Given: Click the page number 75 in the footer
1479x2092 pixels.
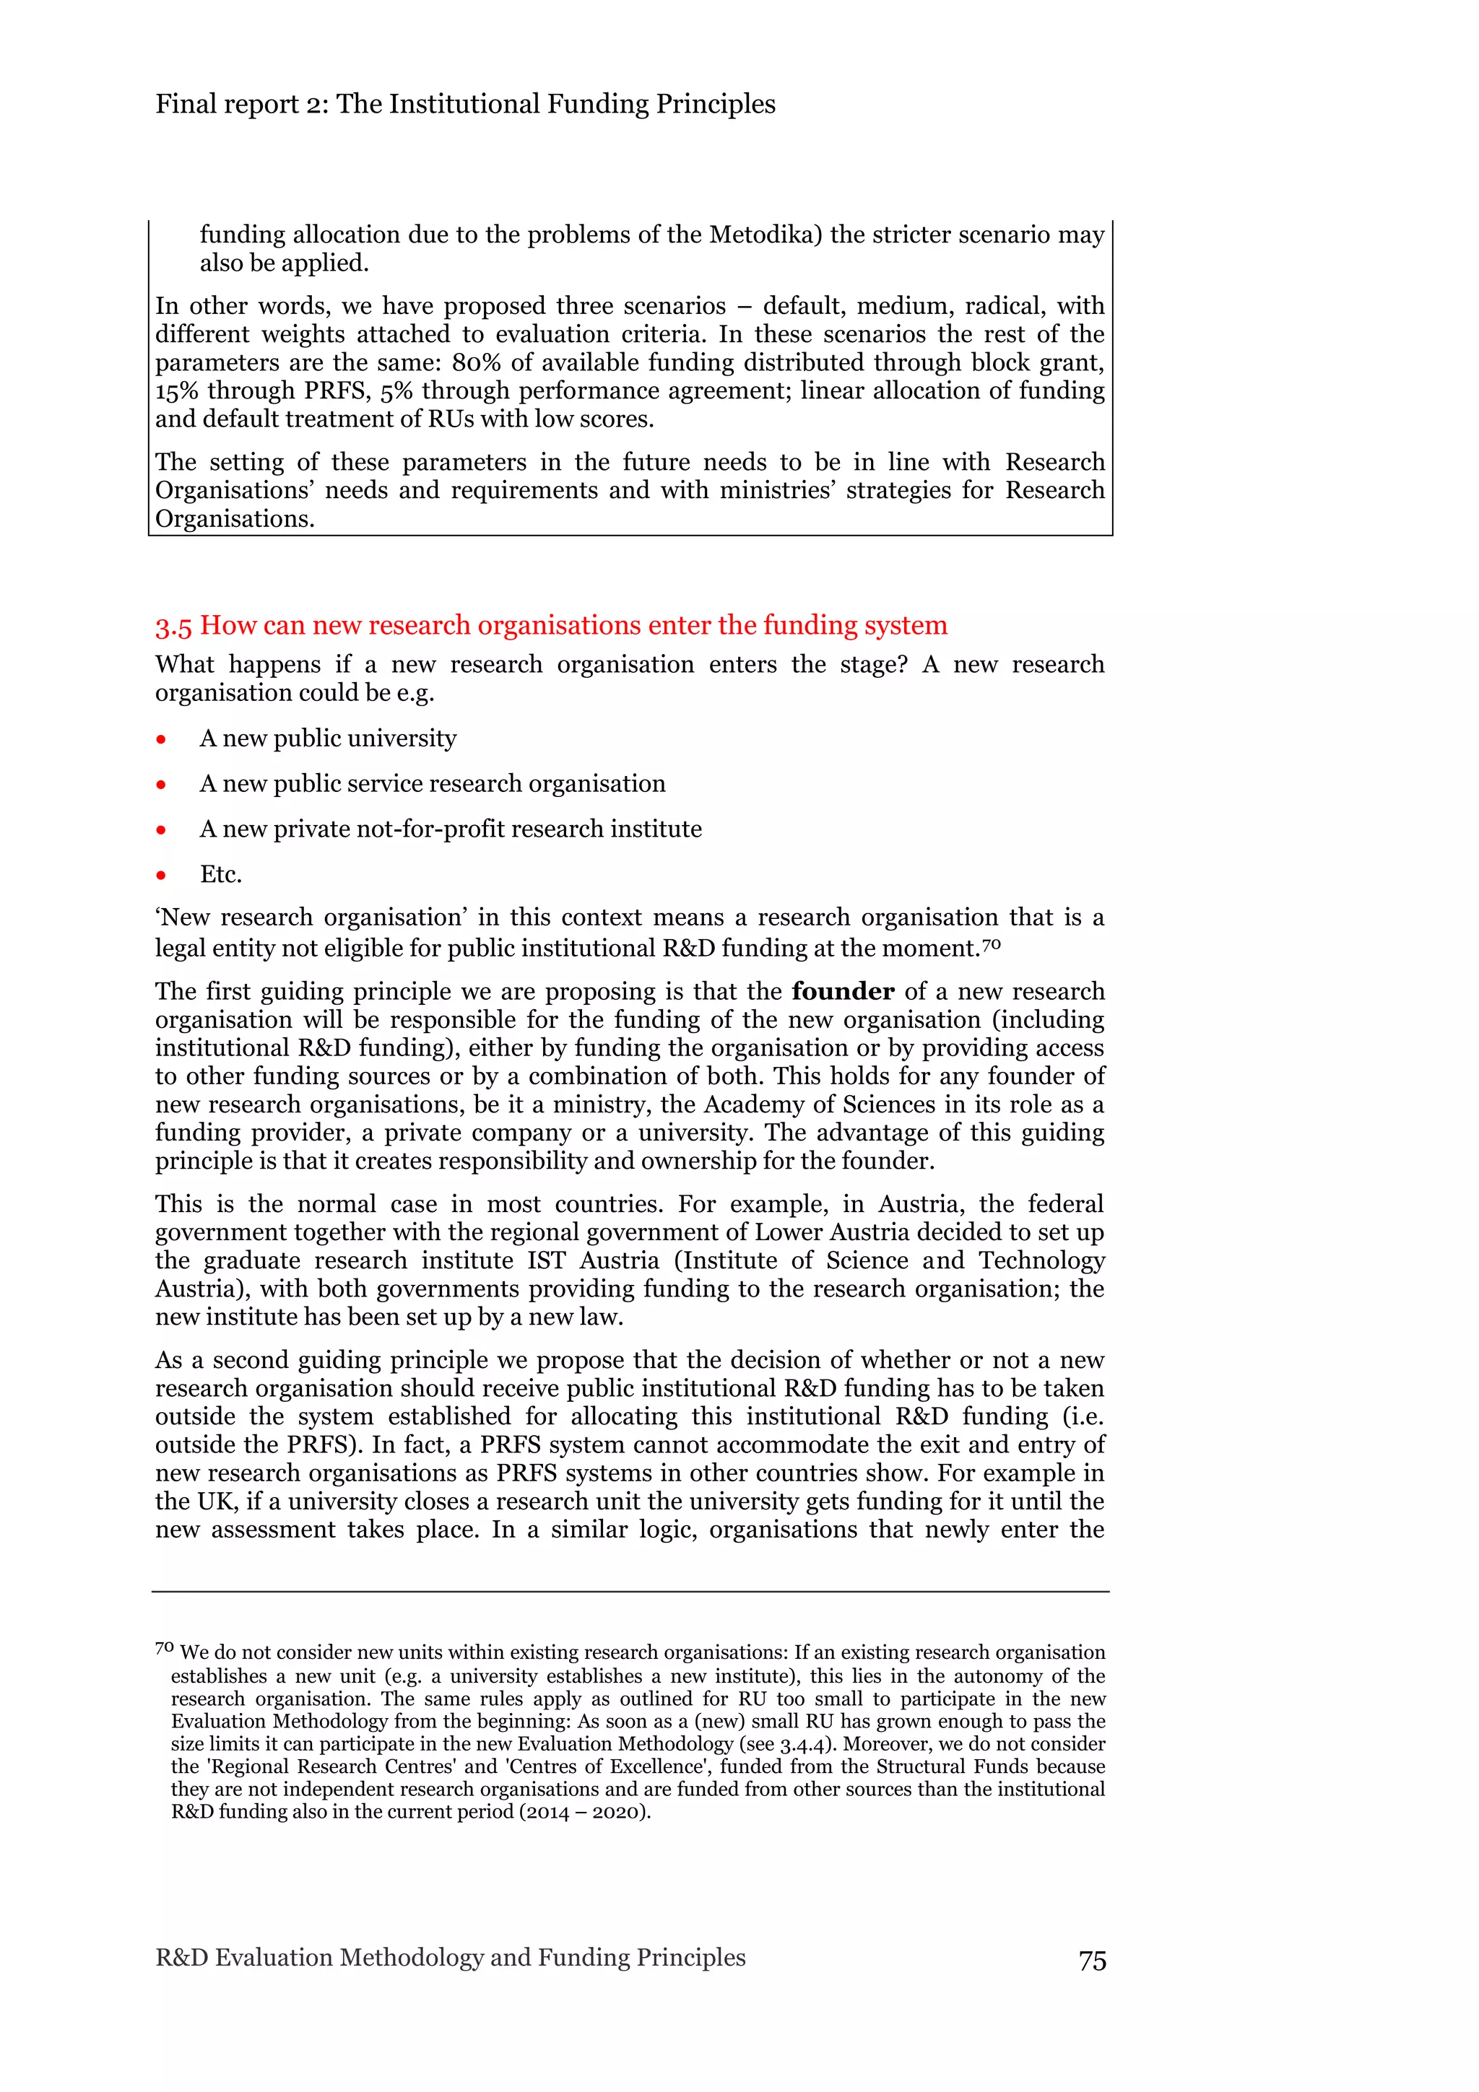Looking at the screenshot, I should (1092, 1961).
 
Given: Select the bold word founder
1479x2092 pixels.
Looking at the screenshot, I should (843, 991).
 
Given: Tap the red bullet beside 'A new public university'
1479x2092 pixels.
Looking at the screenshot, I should (161, 739).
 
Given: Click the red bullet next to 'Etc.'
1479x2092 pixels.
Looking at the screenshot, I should (161, 876).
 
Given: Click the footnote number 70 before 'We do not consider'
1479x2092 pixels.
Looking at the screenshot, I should (164, 1648).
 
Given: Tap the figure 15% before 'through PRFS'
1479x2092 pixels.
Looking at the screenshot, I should (177, 391).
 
